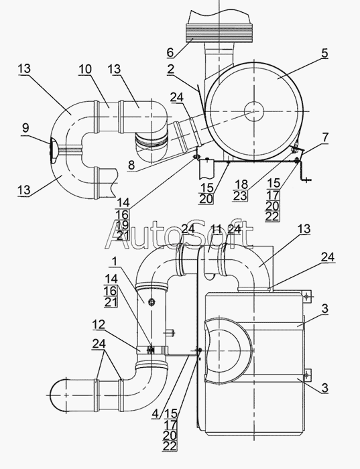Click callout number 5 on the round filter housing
coord(324,53)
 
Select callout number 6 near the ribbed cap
coord(170,52)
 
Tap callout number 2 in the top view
coord(170,69)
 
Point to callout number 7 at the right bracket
coord(325,137)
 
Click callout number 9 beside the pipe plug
coord(25,128)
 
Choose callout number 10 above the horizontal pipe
coord(85,69)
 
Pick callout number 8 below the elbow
coord(131,165)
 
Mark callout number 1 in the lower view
coord(114,262)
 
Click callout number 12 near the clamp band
coord(99,324)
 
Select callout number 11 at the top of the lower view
coord(216,229)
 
